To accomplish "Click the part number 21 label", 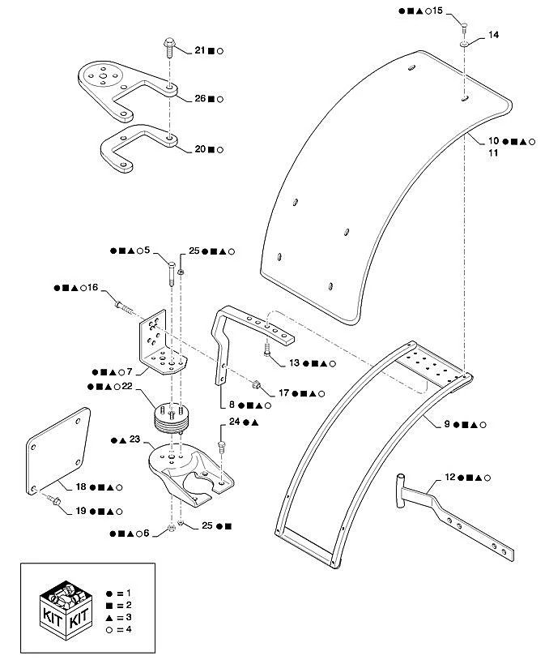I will pyautogui.click(x=200, y=50).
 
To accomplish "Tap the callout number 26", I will pyautogui.click(x=200, y=99).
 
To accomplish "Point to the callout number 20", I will pyautogui.click(x=200, y=149).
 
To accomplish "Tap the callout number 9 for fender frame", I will pyautogui.click(x=448, y=424).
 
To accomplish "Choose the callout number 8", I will pyautogui.click(x=232, y=404).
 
